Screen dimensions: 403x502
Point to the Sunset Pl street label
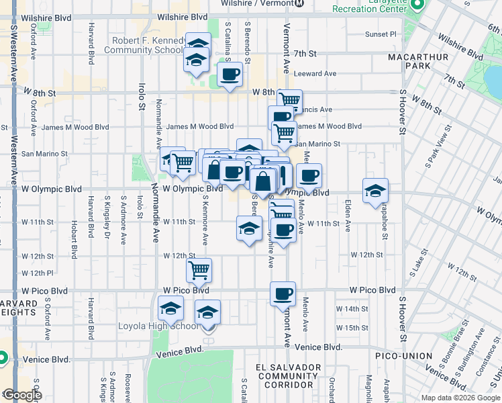coord(381,34)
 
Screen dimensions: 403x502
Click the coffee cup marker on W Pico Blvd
coord(283,293)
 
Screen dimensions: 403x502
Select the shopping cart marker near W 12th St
coord(199,270)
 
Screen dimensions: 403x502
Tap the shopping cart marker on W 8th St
coord(289,101)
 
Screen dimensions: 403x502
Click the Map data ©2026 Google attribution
coord(460,398)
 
